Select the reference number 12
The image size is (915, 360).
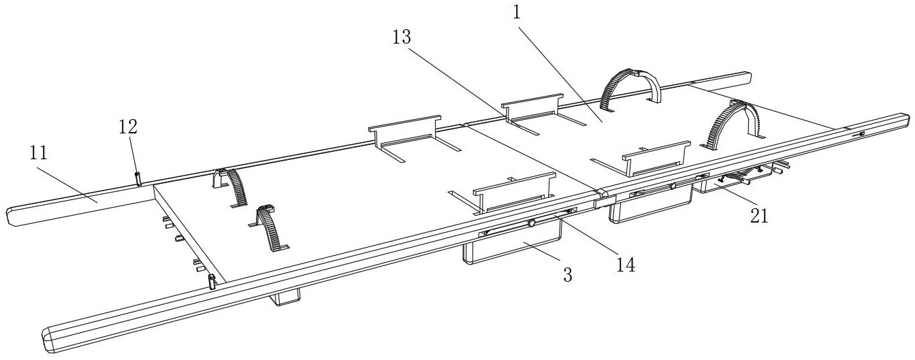pos(128,127)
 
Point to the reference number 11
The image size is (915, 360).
pos(39,154)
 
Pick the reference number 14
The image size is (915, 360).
pos(626,265)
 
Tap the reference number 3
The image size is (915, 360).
pos(566,274)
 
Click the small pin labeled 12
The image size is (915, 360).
pos(138,178)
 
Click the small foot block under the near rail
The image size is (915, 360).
pos(287,297)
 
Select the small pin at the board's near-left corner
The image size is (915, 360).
pos(212,280)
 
